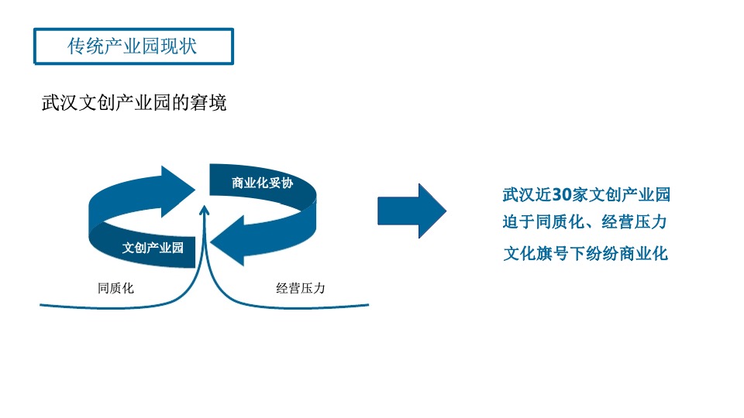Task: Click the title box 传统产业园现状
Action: click(x=133, y=46)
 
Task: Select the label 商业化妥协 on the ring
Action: click(x=262, y=183)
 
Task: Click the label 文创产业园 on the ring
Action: click(x=153, y=248)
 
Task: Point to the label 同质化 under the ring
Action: click(x=116, y=288)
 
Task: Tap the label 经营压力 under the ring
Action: click(x=300, y=288)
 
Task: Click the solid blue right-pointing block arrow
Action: click(x=412, y=211)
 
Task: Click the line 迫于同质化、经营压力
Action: click(x=585, y=222)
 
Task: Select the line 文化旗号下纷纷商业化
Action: click(x=585, y=253)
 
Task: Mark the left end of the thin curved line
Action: click(x=42, y=305)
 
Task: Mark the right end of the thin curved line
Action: click(x=367, y=304)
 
